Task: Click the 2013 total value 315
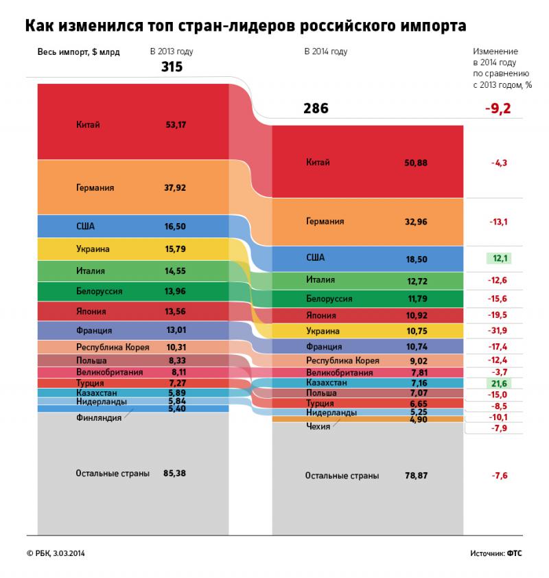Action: pyautogui.click(x=172, y=67)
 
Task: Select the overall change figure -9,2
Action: pyautogui.click(x=498, y=108)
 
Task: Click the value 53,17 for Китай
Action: pyautogui.click(x=176, y=125)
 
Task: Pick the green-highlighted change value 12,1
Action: pyautogui.click(x=498, y=258)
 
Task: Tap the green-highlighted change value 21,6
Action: pyautogui.click(x=498, y=382)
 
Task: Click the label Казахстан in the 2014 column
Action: pyautogui.click(x=327, y=382)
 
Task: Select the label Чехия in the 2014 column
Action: pyautogui.click(x=318, y=426)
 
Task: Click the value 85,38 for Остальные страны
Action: pyautogui.click(x=175, y=472)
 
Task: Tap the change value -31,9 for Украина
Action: pyautogui.click(x=498, y=331)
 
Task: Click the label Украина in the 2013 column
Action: pyautogui.click(x=93, y=248)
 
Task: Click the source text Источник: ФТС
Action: pyautogui.click(x=495, y=553)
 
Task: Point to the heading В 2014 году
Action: pyautogui.click(x=325, y=51)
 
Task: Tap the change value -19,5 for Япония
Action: pyautogui.click(x=498, y=315)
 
